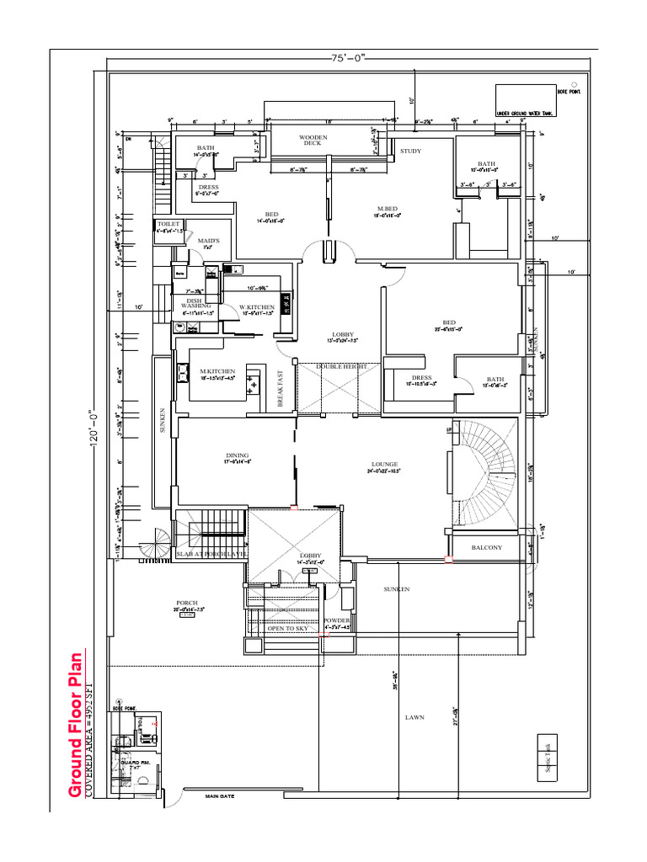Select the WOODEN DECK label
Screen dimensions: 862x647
(x=313, y=140)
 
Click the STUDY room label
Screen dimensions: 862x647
(x=410, y=151)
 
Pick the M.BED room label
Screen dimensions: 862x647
(x=388, y=209)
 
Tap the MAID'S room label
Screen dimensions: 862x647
(x=208, y=241)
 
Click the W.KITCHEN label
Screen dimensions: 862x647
(x=256, y=307)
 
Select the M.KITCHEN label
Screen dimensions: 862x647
(x=217, y=371)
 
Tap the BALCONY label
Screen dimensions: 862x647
(x=487, y=547)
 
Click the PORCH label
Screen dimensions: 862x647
(x=186, y=603)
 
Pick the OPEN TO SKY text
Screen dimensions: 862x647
(x=287, y=628)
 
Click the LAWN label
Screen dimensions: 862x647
(x=414, y=717)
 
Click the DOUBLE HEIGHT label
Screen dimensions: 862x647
(x=338, y=367)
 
